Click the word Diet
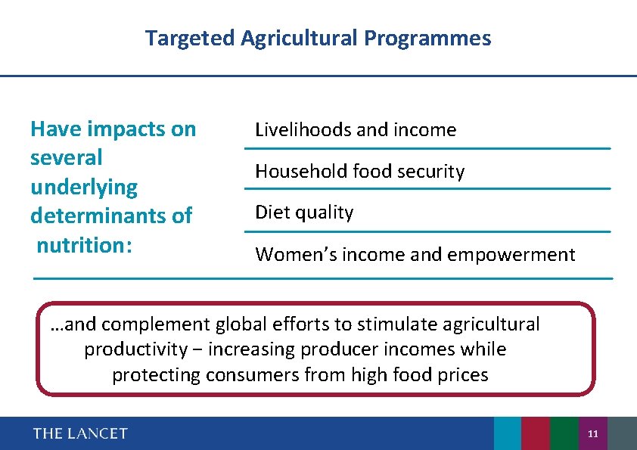click(271, 213)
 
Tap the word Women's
click(296, 255)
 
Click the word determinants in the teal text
click(110, 216)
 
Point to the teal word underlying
click(84, 187)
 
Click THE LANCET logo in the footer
click(80, 433)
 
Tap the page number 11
click(592, 434)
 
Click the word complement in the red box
click(156, 324)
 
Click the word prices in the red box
click(464, 374)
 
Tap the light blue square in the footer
click(508, 433)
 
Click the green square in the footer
click(564, 433)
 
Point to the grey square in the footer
click(622, 433)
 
